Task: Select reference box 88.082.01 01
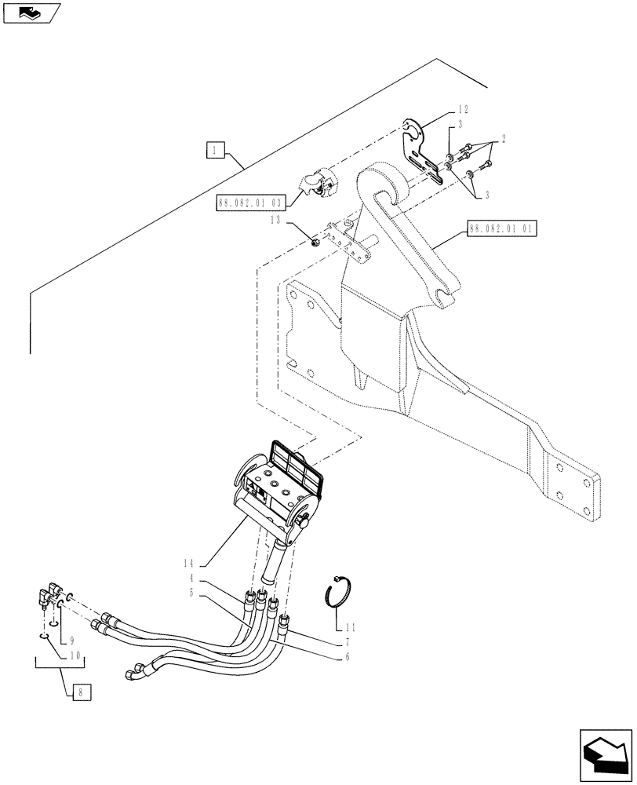(x=502, y=230)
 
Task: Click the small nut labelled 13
(x=315, y=244)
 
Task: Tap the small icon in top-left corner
(x=31, y=12)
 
